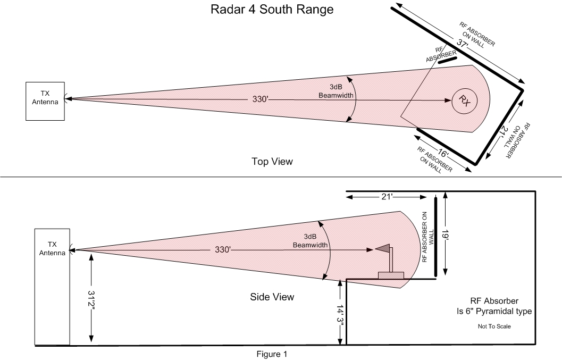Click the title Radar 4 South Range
click(272, 10)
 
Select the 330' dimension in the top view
click(260, 99)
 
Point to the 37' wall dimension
click(463, 44)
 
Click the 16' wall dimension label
click(443, 154)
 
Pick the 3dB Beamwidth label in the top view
click(336, 91)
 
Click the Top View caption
click(272, 161)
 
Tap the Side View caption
click(272, 297)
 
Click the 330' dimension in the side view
click(223, 249)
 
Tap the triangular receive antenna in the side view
click(382, 248)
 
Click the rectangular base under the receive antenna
click(391, 275)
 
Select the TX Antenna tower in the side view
click(52, 287)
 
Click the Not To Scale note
click(494, 326)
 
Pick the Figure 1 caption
click(272, 354)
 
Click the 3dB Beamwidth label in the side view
click(310, 241)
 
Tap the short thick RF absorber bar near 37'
click(448, 60)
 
